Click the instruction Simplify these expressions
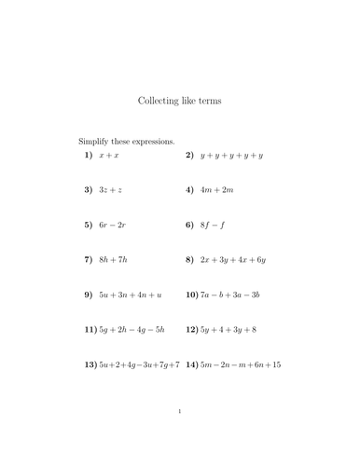click(126, 141)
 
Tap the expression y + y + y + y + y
click(231, 155)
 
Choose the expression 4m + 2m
click(215, 190)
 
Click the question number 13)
click(90, 364)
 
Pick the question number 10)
click(191, 295)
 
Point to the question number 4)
click(189, 190)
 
